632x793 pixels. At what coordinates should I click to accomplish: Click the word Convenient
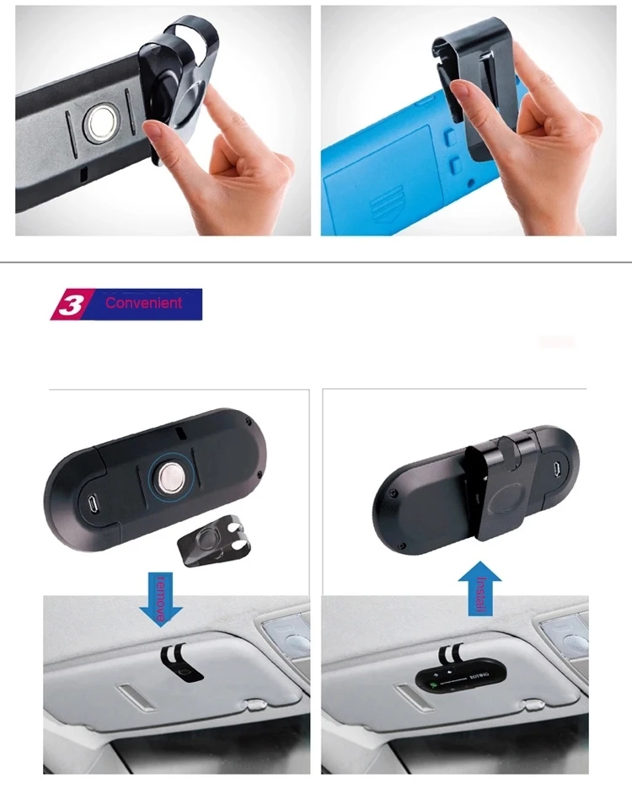click(143, 302)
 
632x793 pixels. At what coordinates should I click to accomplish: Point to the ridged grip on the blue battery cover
click(390, 206)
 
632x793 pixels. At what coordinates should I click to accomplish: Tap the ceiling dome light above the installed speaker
click(565, 633)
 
